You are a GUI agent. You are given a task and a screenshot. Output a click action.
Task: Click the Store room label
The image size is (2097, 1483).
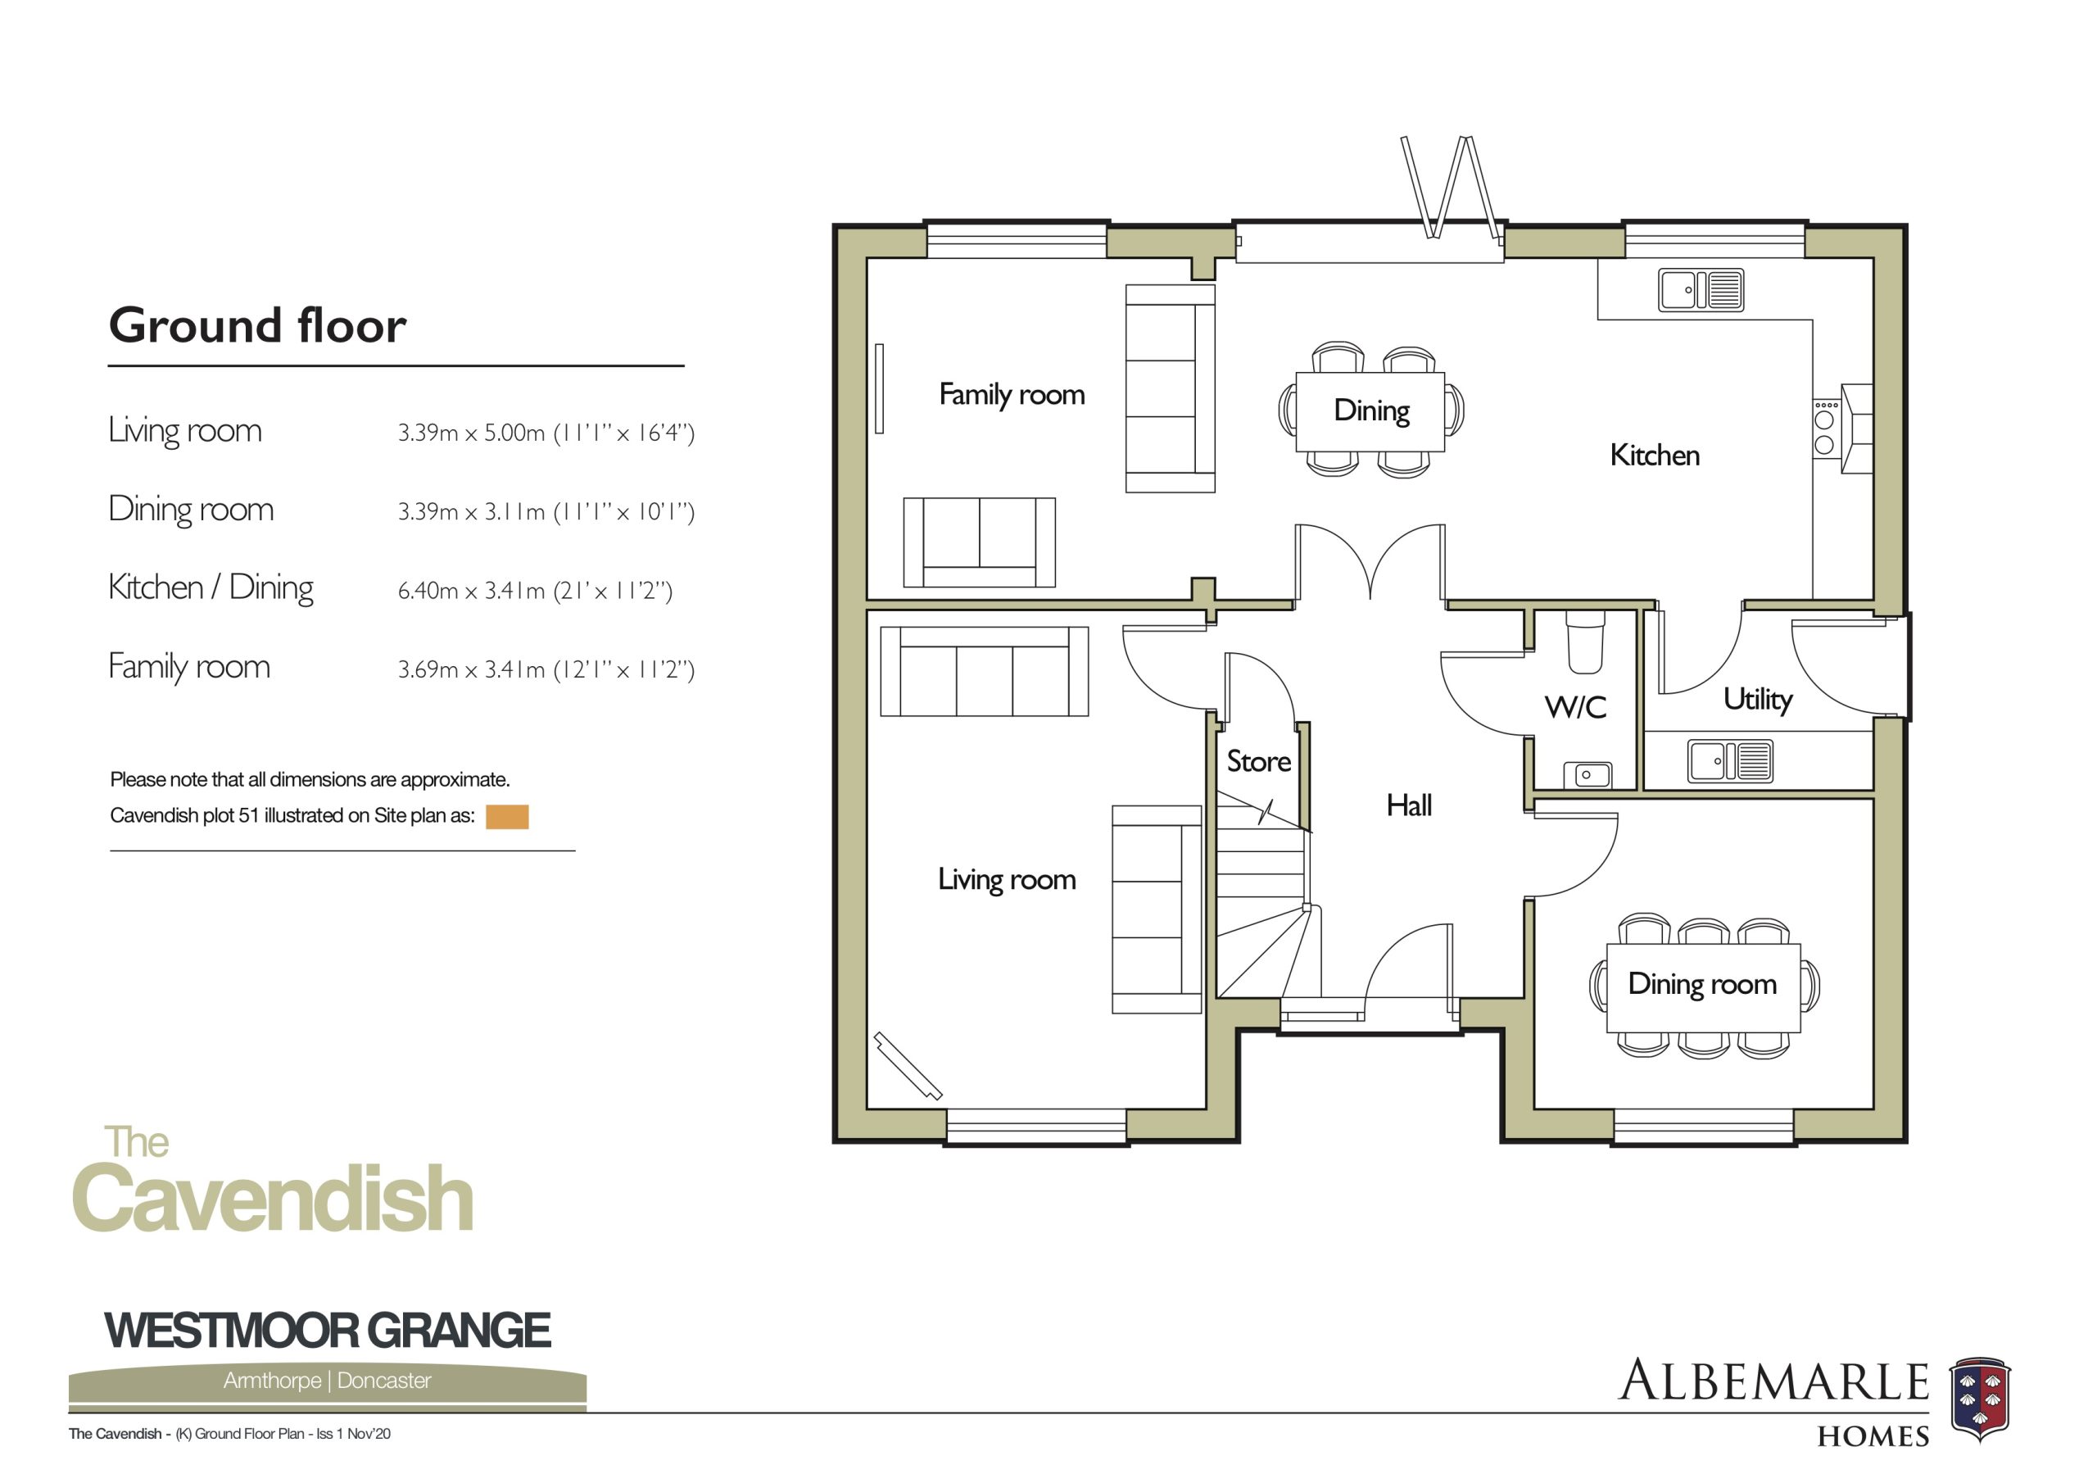point(1257,761)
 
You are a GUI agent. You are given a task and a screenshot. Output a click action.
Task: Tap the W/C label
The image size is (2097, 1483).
point(1575,707)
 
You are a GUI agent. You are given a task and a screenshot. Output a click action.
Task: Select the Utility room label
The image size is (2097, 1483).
point(1757,700)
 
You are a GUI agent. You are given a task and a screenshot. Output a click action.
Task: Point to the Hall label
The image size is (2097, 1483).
point(1408,805)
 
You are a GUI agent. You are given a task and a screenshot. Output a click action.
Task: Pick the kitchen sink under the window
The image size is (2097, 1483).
point(1701,290)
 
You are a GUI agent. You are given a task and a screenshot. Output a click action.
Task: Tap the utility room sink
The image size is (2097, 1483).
point(1731,761)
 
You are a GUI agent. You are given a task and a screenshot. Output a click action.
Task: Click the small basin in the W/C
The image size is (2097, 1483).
point(1587,775)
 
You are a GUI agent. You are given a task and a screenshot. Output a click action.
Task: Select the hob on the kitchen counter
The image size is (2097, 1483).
point(1826,429)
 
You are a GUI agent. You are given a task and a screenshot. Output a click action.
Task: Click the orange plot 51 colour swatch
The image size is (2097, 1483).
point(507,817)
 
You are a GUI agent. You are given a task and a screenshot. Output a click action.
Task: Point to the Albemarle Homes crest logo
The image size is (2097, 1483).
point(1981,1399)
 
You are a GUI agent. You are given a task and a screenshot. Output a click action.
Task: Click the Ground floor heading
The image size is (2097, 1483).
point(257,325)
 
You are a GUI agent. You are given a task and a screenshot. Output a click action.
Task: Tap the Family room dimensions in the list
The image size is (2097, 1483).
point(546,669)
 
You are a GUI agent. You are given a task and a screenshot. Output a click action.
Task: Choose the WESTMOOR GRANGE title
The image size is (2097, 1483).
point(328,1331)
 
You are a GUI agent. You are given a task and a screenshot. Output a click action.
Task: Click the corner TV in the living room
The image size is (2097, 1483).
point(908,1065)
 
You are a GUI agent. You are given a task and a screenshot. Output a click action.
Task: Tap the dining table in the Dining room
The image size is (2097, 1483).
point(1703,988)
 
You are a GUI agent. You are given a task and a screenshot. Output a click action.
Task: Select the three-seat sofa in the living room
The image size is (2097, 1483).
point(985,671)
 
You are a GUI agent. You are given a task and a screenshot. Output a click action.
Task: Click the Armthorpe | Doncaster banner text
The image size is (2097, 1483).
point(327,1380)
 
